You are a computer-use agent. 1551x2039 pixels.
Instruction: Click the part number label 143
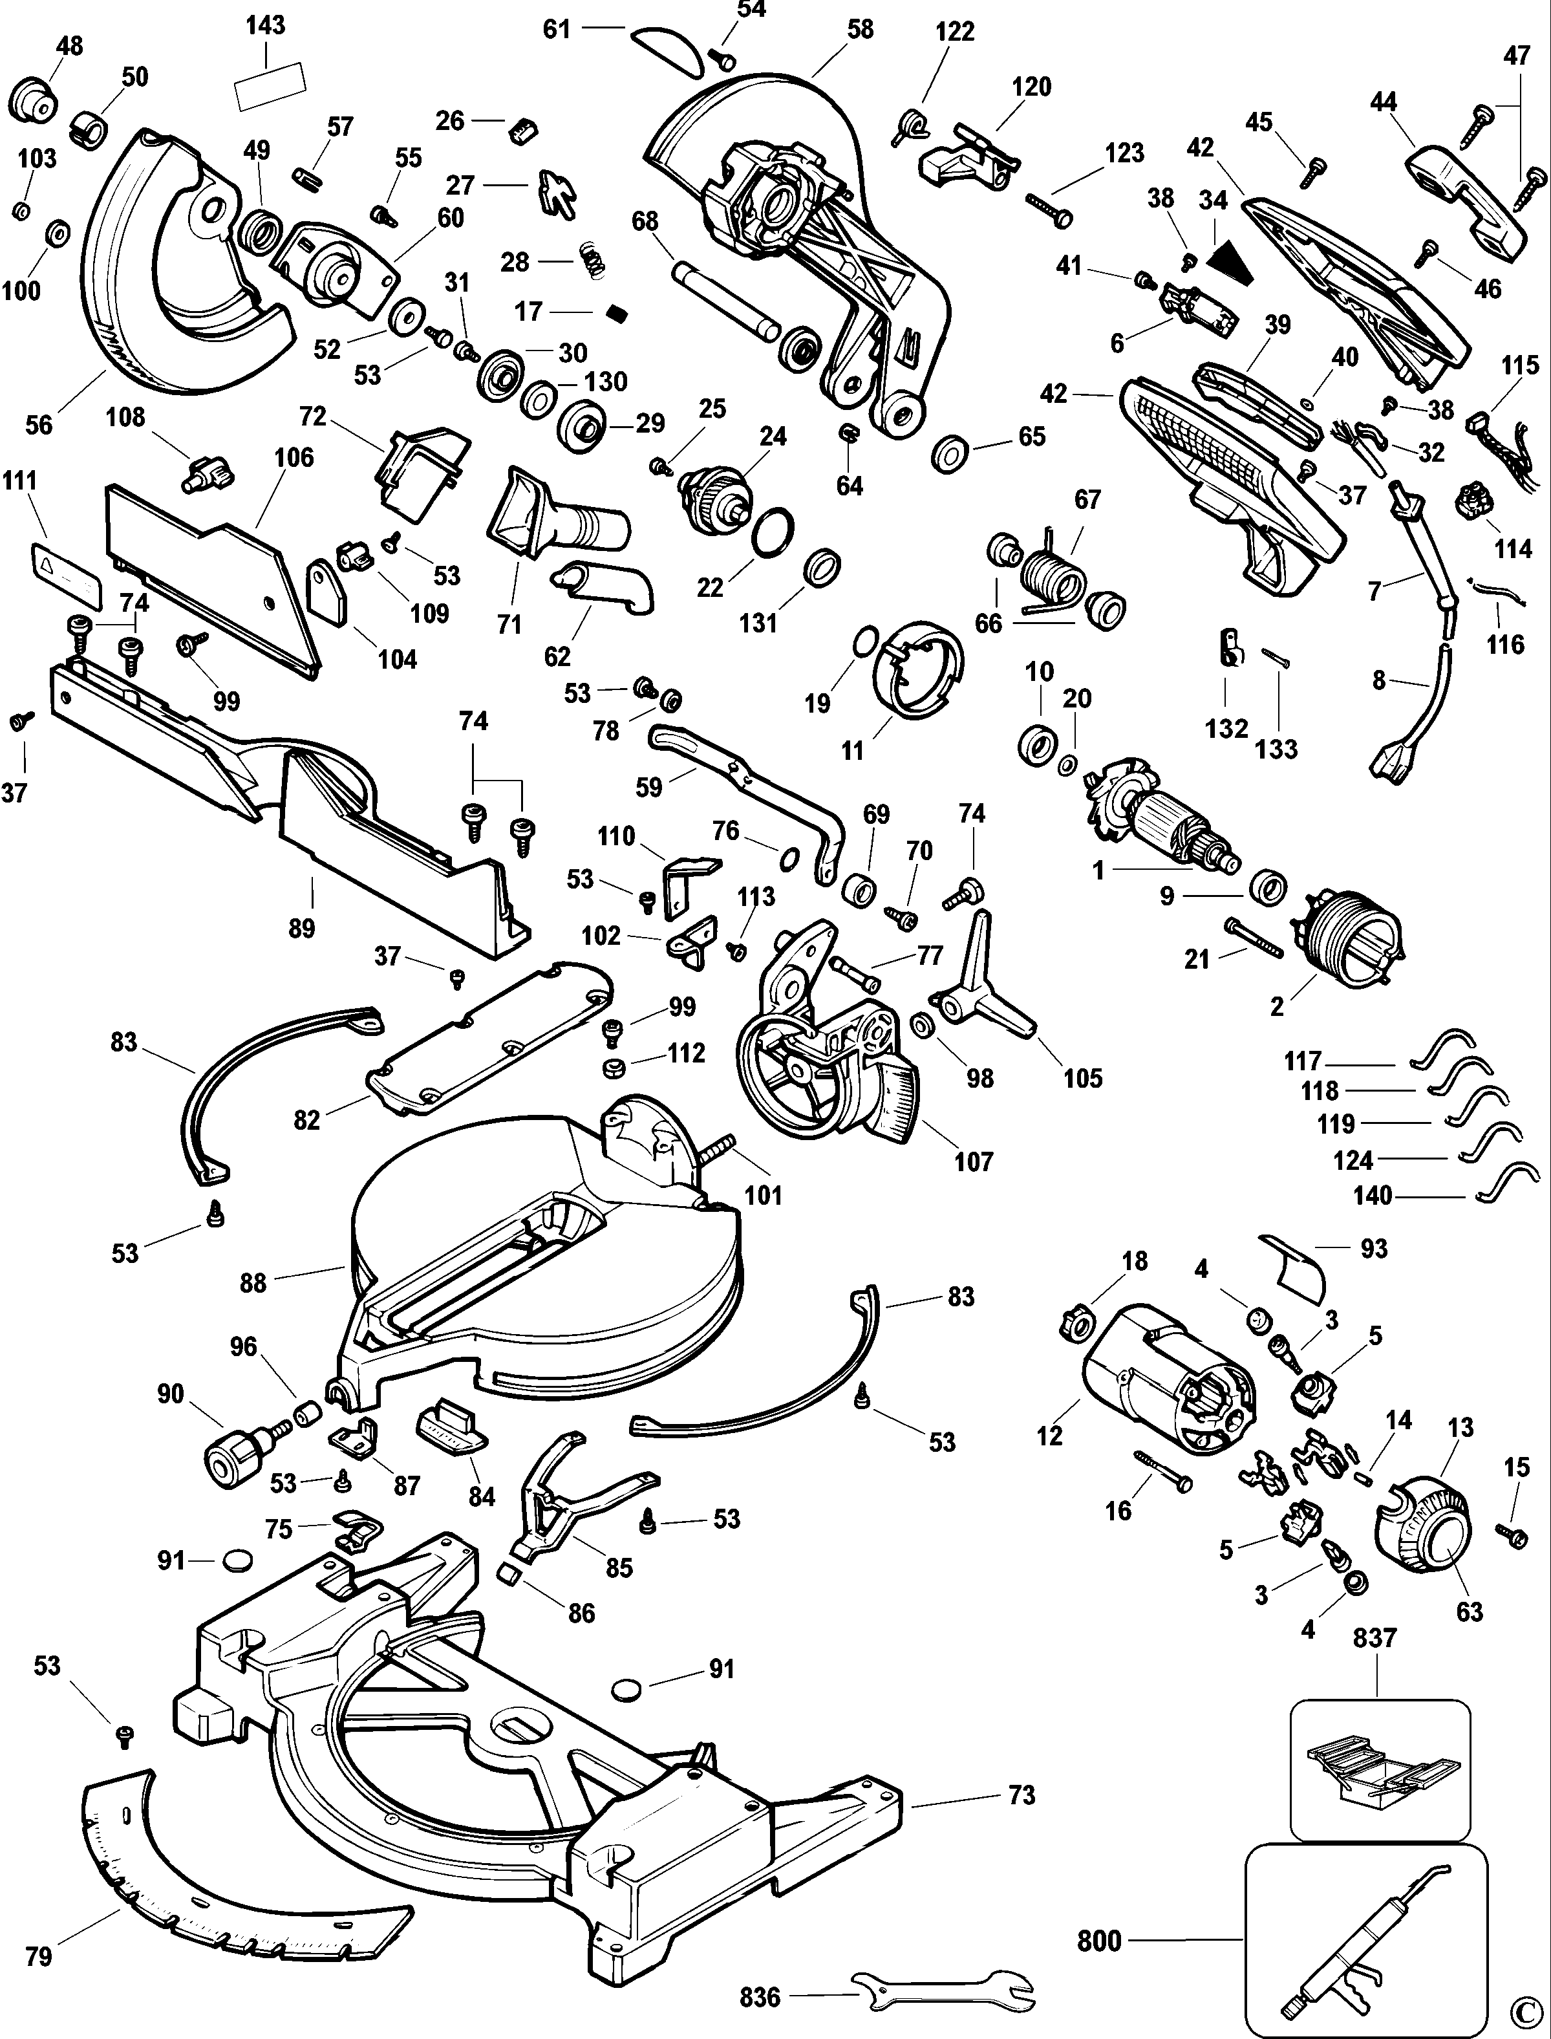pos(265,25)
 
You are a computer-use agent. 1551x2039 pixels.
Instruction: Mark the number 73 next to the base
pos(1021,1795)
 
